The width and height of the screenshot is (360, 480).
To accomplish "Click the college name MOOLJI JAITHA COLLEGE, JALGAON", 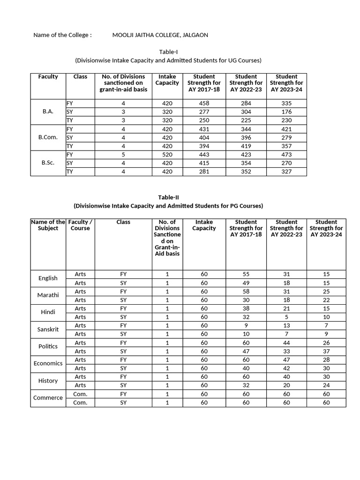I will coord(160,35).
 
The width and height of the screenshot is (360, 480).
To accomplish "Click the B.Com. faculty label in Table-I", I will coord(48,137).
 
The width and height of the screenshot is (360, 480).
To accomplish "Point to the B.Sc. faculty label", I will coord(48,163).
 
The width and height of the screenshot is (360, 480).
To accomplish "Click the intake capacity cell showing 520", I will coord(167,154).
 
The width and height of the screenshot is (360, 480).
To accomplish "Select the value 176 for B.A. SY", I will coord(286,112).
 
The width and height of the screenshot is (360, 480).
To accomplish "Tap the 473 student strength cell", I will coord(286,154).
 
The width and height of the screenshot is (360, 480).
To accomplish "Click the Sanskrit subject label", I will coord(48,329).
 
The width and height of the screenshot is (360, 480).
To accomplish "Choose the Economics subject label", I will coord(48,363).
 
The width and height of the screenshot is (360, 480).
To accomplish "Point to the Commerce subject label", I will coord(48,397).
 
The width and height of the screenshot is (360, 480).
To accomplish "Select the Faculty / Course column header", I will coord(80,225).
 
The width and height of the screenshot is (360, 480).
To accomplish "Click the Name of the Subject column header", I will coord(48,225).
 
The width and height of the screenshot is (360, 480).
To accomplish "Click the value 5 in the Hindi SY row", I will coord(286,317).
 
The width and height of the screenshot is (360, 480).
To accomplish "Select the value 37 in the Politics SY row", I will coord(326,351).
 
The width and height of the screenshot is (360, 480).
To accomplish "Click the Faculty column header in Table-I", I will coord(48,76).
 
